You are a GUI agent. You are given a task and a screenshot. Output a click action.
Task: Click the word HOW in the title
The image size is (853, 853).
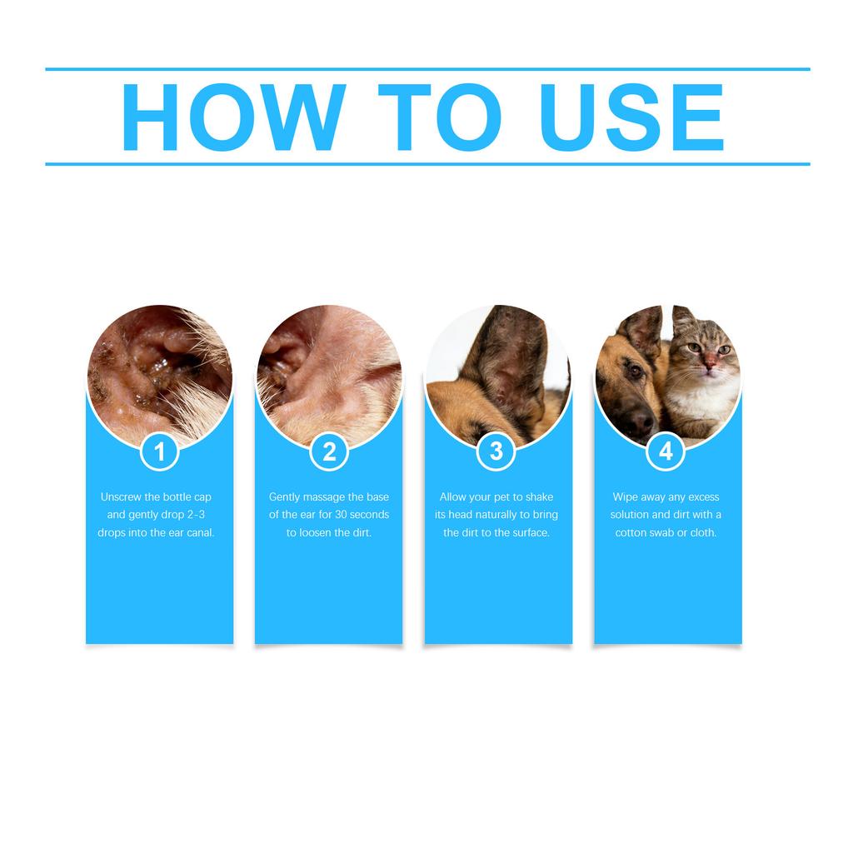233,117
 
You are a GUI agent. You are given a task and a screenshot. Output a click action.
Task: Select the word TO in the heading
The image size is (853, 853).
439,117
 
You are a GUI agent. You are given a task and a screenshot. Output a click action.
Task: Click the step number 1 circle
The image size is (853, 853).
160,451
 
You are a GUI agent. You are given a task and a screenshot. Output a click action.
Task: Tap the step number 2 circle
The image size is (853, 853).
329,451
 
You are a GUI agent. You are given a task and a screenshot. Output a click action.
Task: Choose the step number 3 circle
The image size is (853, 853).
496,451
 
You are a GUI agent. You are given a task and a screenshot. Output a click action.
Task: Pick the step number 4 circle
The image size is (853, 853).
666,451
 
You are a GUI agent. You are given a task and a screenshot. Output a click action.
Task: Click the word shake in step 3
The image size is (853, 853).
539,497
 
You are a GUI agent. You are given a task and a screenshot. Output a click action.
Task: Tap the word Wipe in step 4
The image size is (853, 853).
626,497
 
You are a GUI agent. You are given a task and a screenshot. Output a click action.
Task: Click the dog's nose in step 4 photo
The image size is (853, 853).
641,424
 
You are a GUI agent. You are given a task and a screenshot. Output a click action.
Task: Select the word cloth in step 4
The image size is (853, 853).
703,533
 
